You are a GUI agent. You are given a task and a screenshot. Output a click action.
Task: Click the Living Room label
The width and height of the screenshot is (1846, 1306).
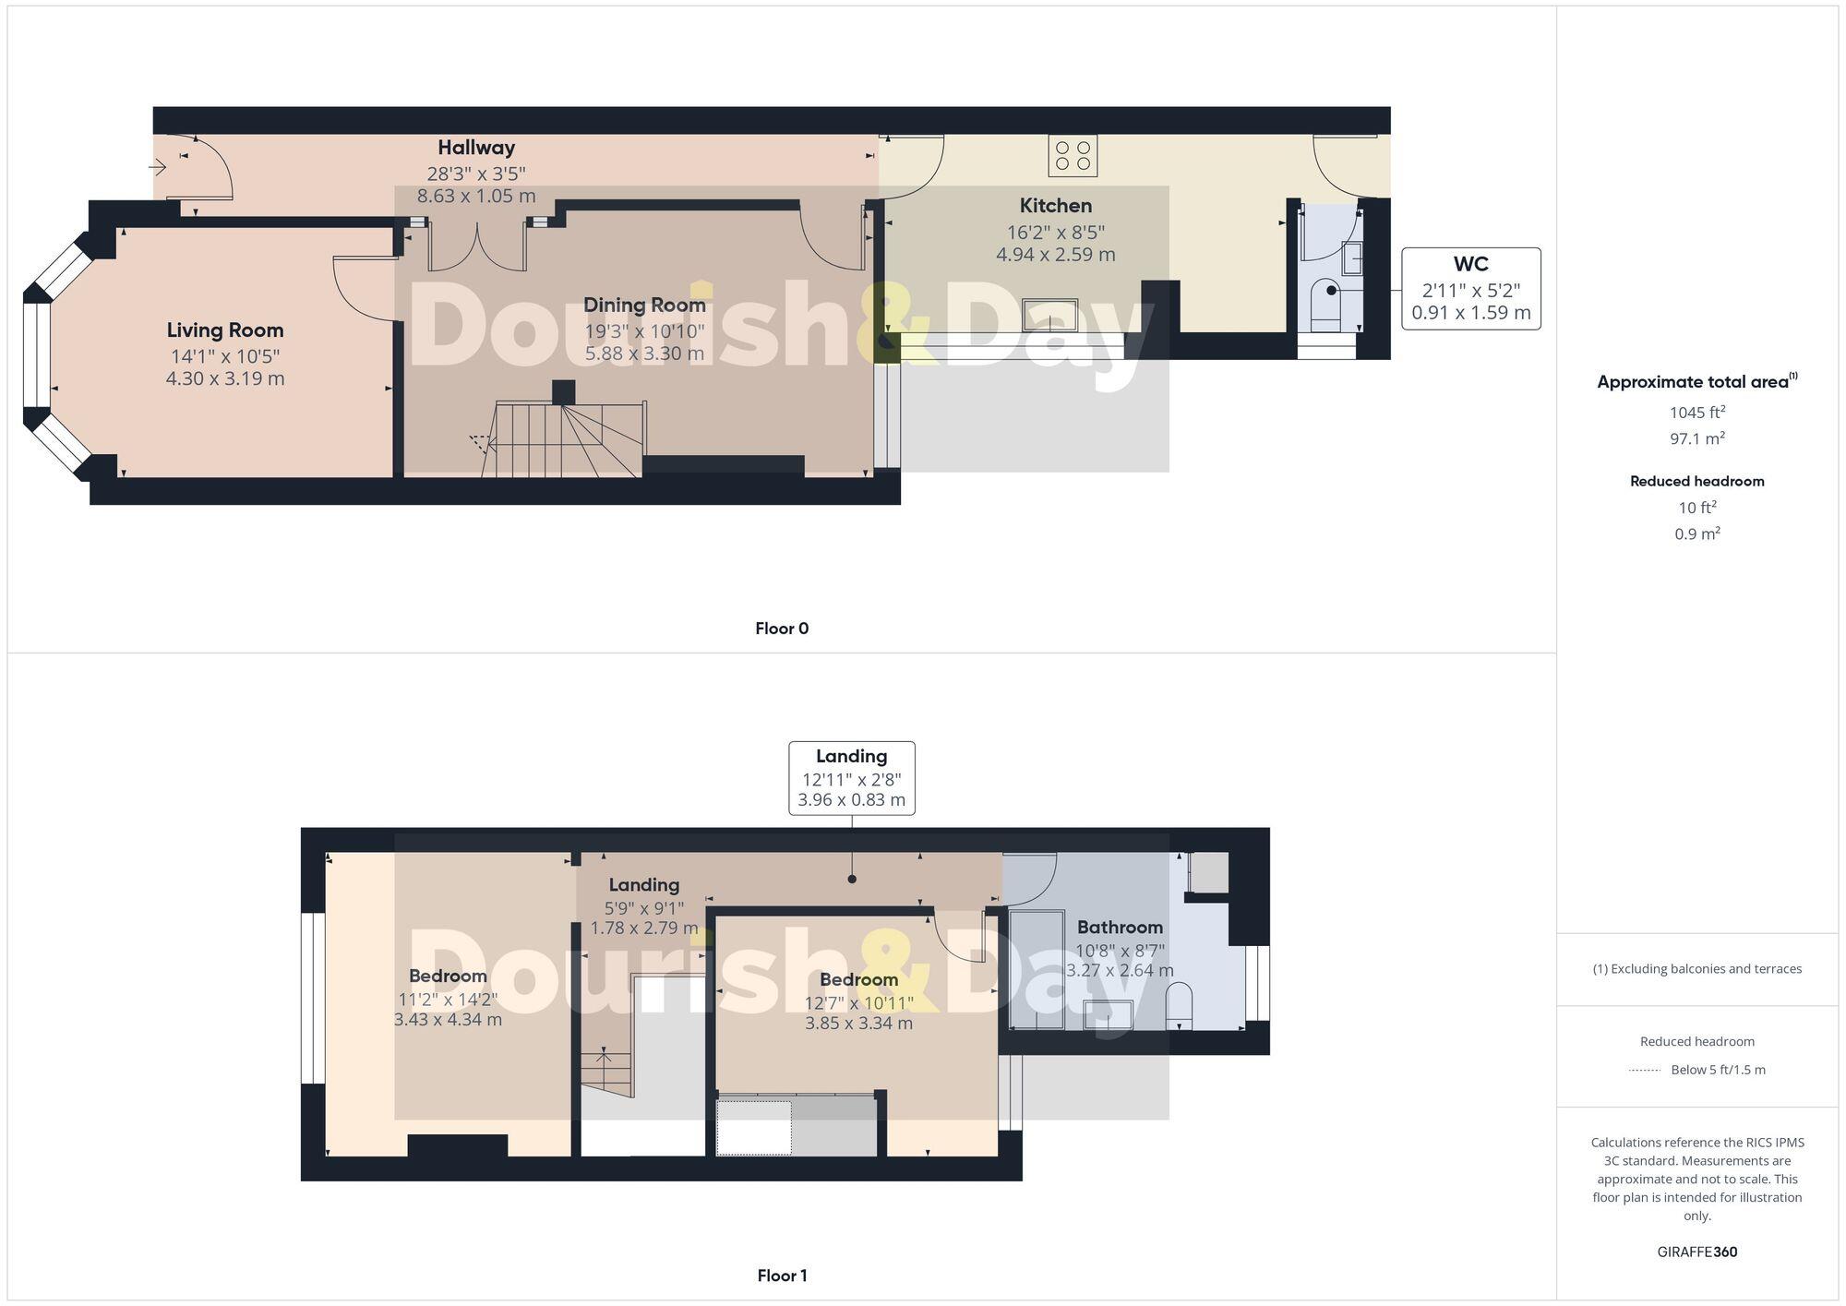[x=225, y=330]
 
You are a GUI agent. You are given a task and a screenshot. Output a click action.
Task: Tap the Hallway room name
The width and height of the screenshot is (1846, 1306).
[x=476, y=148]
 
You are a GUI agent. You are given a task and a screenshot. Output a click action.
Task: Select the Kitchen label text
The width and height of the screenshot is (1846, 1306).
[x=1055, y=206]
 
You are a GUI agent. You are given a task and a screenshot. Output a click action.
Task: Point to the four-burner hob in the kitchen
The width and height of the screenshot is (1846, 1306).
[x=1073, y=156]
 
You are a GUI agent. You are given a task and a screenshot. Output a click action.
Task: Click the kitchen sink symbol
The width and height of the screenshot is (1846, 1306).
[x=1049, y=315]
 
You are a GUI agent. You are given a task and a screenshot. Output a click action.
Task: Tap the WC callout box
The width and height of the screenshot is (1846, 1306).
[x=1470, y=288]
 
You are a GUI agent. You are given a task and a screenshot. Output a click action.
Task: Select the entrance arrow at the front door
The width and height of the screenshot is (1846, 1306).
[x=158, y=168]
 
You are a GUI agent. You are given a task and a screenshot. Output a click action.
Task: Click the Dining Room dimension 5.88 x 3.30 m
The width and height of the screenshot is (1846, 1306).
[x=644, y=353]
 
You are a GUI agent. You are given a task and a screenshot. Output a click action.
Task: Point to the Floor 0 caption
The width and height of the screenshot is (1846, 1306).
[x=781, y=629]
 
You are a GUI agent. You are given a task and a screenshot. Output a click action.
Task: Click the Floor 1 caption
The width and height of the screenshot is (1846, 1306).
[x=781, y=1276]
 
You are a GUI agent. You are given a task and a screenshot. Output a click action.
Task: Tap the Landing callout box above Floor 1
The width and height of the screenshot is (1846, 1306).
[x=851, y=778]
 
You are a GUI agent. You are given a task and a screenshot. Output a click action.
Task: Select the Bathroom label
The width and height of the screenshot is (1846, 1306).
[x=1120, y=928]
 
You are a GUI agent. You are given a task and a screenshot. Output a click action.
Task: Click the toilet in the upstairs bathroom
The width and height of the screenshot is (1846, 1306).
[x=1179, y=1006]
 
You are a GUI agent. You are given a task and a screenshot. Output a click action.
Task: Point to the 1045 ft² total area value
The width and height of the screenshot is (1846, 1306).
[x=1696, y=413]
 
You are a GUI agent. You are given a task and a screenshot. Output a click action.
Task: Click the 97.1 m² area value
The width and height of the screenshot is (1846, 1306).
[x=1696, y=438]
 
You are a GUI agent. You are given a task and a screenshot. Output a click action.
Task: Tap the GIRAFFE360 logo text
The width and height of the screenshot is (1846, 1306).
[x=1696, y=1252]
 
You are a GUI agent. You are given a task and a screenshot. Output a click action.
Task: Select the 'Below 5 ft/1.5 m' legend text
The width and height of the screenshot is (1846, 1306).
[x=1718, y=1070]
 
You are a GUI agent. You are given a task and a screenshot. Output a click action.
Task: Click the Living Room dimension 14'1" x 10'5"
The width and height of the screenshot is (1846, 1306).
[x=225, y=356]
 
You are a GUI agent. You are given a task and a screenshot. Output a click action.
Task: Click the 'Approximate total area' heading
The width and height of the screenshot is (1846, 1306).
[x=1693, y=382]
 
